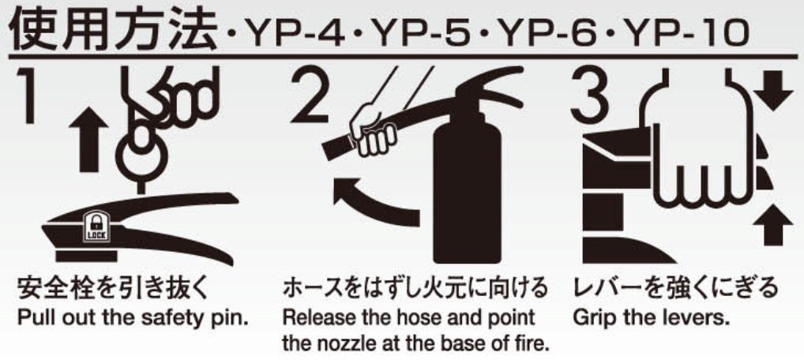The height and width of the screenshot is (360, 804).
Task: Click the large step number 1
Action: [x=25, y=95]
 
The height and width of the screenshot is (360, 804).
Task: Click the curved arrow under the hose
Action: [x=374, y=201]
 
